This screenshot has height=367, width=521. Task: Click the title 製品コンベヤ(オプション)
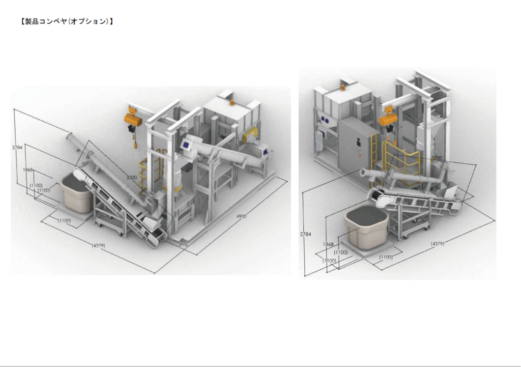(x=67, y=21)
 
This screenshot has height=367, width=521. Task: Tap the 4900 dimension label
(x=241, y=216)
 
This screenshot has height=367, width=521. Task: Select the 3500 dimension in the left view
(x=132, y=178)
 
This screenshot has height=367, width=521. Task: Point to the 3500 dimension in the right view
(x=437, y=158)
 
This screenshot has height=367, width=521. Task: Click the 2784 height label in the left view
(x=17, y=147)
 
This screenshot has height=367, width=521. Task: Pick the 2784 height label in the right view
(x=305, y=234)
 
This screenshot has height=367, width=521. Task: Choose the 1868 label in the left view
(x=28, y=170)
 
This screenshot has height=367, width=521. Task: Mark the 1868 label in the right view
(x=328, y=244)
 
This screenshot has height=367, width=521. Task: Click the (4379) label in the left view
(x=98, y=246)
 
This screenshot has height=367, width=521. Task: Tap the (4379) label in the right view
(x=437, y=244)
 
